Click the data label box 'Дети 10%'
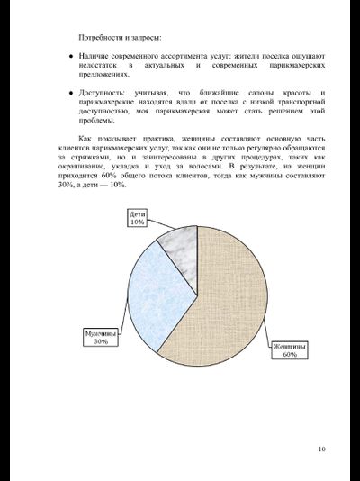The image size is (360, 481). tap(137, 219)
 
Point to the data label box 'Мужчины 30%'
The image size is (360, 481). tap(100, 338)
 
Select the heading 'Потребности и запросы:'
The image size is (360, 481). tap(121, 38)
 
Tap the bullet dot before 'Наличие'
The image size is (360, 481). tap(70, 57)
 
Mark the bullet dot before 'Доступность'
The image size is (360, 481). tap(70, 94)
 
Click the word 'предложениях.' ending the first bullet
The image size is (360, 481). tap(108, 76)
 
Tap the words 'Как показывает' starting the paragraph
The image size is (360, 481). tap(106, 139)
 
